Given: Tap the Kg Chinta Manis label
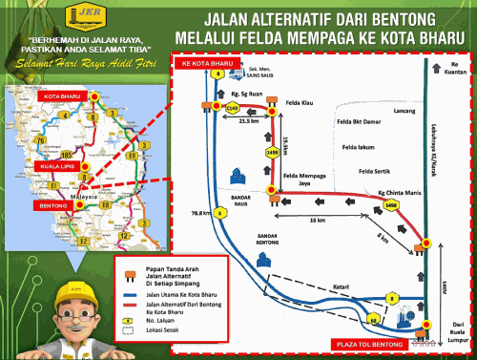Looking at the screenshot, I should click(388, 191).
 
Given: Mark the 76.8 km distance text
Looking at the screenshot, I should click(199, 212).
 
